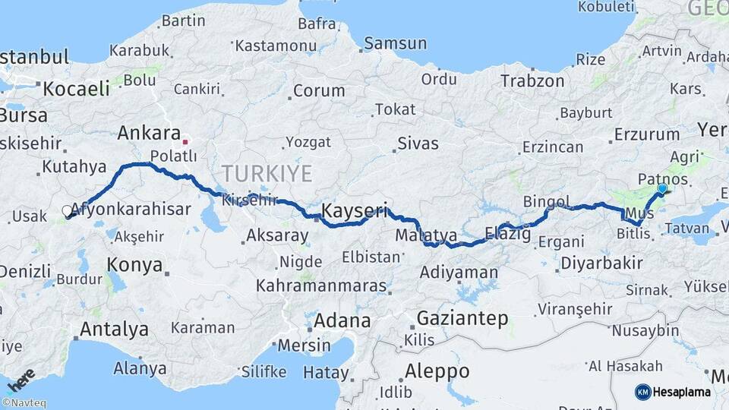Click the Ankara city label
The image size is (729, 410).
coord(149,134)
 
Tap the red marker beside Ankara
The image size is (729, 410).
coord(185,141)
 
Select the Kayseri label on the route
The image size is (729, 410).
coord(355,210)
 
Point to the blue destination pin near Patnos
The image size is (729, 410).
coord(662,188)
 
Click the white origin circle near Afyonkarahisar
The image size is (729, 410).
coord(67,210)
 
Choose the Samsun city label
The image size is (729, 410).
coord(390,43)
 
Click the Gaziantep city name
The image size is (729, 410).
coord(462,318)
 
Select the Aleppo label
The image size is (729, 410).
coord(437,371)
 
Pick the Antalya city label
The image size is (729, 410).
coord(114,330)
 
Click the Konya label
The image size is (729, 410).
coord(134,265)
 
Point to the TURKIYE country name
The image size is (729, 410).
coord(267,174)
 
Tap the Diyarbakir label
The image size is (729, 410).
coord(601,263)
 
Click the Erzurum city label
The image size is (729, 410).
coord(646,134)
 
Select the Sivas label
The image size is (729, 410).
coord(419,143)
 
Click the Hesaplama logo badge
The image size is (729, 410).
coord(674,392)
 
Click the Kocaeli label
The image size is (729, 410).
coord(76,88)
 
